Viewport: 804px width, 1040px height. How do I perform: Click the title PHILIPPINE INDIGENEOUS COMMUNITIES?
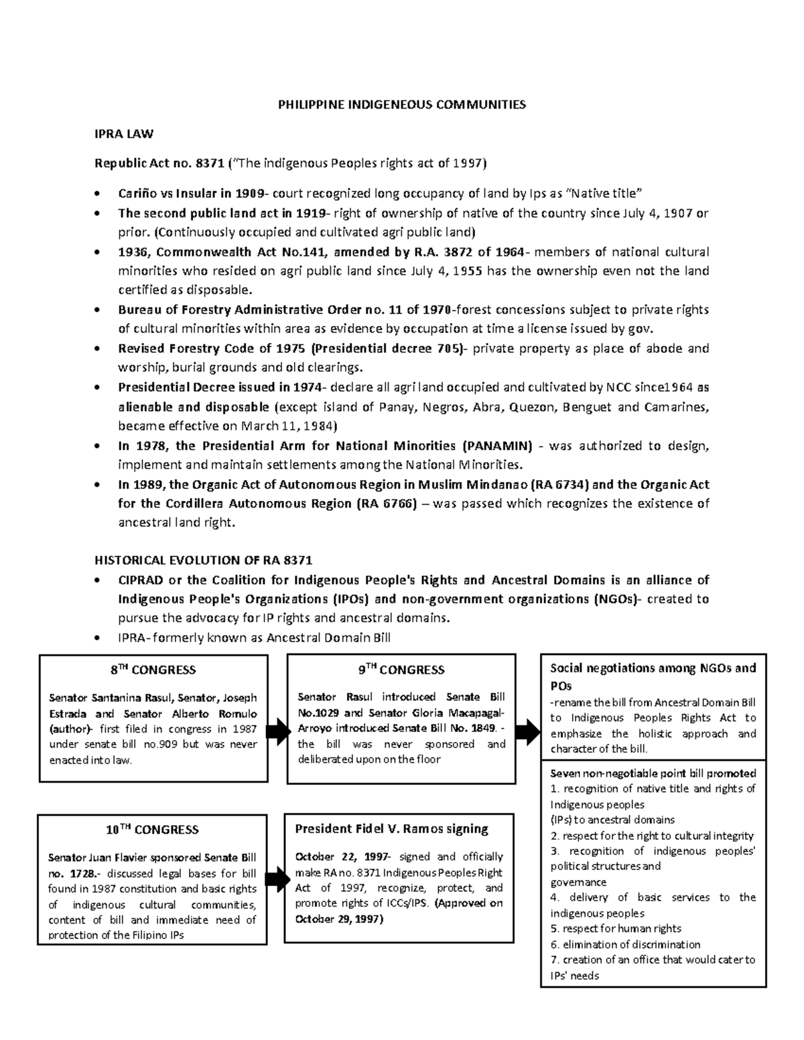pyautogui.click(x=402, y=104)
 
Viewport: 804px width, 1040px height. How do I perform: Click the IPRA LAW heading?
pyautogui.click(x=124, y=134)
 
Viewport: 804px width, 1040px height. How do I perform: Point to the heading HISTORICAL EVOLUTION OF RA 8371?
pyautogui.click(x=204, y=561)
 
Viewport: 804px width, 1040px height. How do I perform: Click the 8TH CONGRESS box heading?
pyautogui.click(x=153, y=670)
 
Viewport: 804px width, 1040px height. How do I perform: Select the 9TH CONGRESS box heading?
pyautogui.click(x=401, y=670)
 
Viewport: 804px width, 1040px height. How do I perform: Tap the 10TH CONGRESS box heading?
pyautogui.click(x=153, y=830)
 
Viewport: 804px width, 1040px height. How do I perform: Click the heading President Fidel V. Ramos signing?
pyautogui.click(x=391, y=829)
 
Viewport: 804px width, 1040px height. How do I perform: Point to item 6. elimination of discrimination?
pyautogui.click(x=625, y=944)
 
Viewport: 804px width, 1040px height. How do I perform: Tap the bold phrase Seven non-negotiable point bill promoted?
pyautogui.click(x=653, y=773)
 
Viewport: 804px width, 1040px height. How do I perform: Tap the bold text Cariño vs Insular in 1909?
pyautogui.click(x=192, y=194)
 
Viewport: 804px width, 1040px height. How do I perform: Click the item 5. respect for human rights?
pyautogui.click(x=616, y=928)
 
